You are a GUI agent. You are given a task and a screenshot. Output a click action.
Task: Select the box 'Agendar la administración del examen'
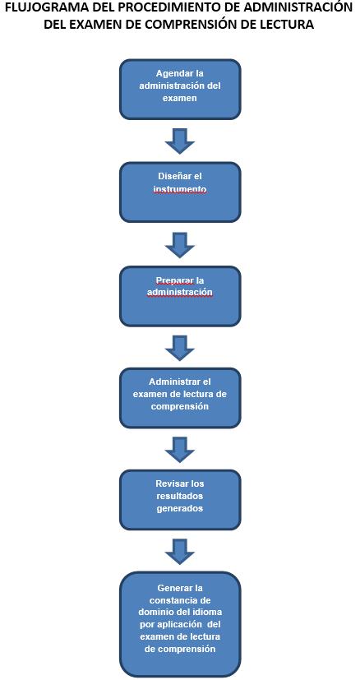[x=180, y=89]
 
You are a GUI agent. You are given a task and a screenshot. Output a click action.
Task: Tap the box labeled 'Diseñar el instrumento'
[x=180, y=192]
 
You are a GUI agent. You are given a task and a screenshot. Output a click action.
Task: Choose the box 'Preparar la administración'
[x=180, y=296]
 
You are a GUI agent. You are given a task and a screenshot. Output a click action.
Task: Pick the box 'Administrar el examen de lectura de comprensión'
[x=180, y=398]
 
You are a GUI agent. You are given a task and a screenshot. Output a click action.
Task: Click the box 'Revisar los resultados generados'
[x=180, y=500]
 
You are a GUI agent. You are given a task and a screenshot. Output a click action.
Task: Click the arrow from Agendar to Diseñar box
[x=180, y=141]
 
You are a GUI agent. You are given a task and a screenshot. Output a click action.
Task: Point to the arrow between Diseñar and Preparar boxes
[x=180, y=244]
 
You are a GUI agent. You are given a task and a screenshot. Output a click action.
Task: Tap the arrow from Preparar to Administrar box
[x=180, y=347]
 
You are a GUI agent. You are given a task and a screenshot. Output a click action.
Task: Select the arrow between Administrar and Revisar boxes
[x=180, y=449]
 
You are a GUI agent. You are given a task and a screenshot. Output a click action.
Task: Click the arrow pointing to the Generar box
[x=180, y=551]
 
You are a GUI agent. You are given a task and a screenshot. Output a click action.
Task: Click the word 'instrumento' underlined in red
[x=180, y=189]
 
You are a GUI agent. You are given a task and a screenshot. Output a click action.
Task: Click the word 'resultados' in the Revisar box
[x=180, y=495]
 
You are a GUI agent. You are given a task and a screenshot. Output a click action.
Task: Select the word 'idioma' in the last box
[x=208, y=613]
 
